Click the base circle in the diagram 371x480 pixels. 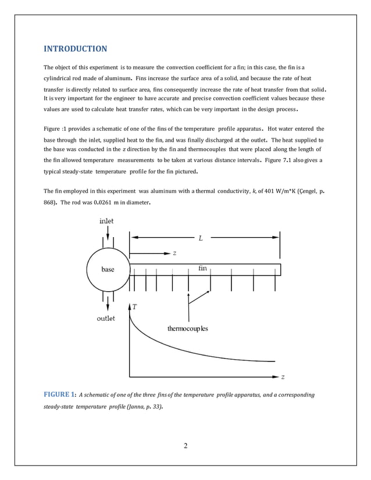pos(108,270)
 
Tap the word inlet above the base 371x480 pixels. pos(106,221)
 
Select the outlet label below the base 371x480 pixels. pos(105,318)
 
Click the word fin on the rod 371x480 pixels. pos(203,268)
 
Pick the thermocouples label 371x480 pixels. pos(187,329)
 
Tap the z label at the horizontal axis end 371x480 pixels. pos(283,377)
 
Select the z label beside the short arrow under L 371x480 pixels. pos(174,253)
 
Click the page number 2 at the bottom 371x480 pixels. pos(185,446)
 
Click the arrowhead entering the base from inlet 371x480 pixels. pos(108,248)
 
